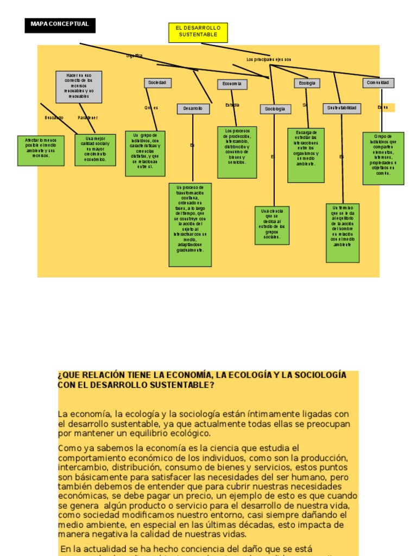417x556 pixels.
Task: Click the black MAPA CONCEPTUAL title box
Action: [60, 25]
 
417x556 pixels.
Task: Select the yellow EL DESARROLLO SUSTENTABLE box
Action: [198, 32]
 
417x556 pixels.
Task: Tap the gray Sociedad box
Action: [158, 83]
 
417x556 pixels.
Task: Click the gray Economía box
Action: [232, 84]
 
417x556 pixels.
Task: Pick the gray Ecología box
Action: [307, 84]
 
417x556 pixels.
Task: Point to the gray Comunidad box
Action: [378, 83]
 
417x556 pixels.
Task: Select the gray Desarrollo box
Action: [193, 109]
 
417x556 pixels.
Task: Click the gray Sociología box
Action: [275, 109]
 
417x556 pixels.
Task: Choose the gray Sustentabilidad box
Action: [342, 109]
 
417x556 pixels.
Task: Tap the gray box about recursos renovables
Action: [79, 86]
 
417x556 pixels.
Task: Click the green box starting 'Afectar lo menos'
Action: [40, 150]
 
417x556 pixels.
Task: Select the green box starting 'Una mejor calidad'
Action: [95, 150]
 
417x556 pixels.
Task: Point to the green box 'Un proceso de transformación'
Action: [190, 224]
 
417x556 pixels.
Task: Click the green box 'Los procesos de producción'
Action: [237, 152]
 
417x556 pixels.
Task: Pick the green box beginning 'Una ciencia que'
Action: [272, 225]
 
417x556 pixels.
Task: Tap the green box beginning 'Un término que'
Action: [343, 232]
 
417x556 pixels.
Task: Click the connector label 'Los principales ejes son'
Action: [269, 59]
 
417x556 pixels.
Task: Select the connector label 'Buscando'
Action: [54, 117]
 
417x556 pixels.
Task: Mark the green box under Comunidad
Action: [383, 158]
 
